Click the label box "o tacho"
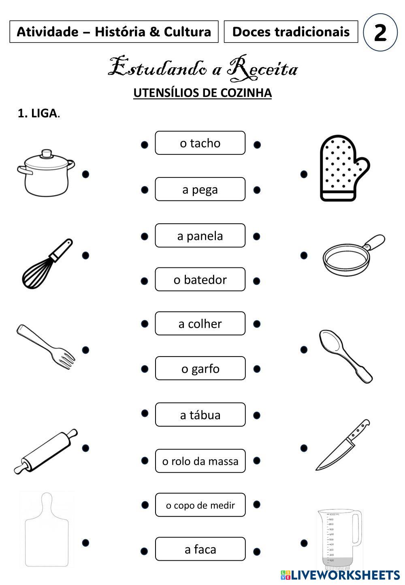pos(200,143)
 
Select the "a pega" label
pos(200,189)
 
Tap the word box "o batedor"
pos(200,280)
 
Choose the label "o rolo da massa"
pos(200,461)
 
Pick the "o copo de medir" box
pos(200,505)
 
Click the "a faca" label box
pos(200,549)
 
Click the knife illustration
pos(342,446)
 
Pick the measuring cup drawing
pos(339,539)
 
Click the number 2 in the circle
pos(380,32)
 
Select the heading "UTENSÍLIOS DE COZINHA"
pos(202,93)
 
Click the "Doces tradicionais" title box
pos(291,32)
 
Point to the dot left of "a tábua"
pos(145,413)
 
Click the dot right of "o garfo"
pos(256,369)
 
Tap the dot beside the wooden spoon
pos(304,349)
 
